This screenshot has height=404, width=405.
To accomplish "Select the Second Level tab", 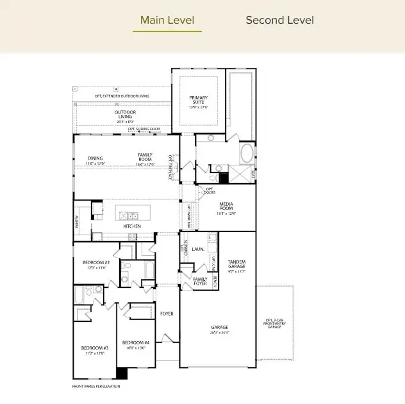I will click(x=280, y=20).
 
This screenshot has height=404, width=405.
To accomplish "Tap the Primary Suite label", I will click(x=198, y=101).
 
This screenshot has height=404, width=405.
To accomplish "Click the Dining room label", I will click(x=95, y=157).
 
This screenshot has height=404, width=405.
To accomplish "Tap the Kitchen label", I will click(x=132, y=226).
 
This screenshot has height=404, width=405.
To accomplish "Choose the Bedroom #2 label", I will click(x=96, y=263).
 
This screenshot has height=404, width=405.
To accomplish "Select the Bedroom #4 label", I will click(x=135, y=342).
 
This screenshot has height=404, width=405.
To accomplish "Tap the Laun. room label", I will click(x=198, y=249).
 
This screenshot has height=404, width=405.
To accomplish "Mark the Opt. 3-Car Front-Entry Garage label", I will click(x=274, y=323).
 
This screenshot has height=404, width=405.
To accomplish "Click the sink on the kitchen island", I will click(x=131, y=215).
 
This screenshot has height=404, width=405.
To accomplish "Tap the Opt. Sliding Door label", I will click(x=144, y=129).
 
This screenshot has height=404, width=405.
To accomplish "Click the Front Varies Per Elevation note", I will click(x=95, y=386).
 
